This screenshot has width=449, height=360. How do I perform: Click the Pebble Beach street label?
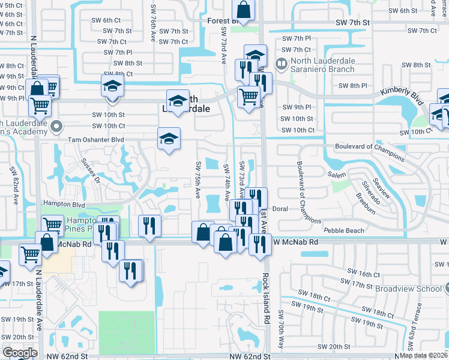(344, 230)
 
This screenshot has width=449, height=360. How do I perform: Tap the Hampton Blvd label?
(64, 205)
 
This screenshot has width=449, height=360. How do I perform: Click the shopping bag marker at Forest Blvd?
(244, 9)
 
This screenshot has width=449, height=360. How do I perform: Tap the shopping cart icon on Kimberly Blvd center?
(248, 95)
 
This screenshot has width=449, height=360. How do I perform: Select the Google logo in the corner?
(19, 352)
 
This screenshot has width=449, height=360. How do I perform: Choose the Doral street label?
(281, 209)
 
